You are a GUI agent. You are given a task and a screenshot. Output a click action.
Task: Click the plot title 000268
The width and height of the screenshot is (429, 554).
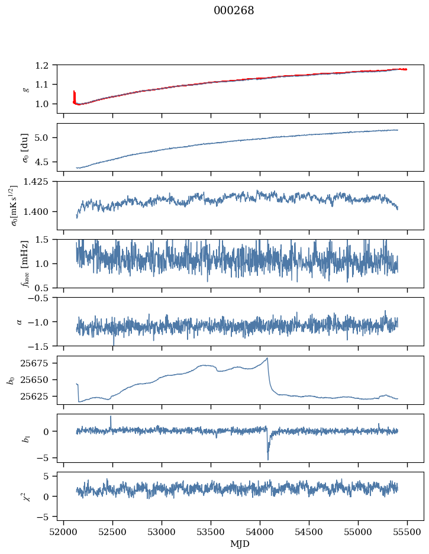(234, 11)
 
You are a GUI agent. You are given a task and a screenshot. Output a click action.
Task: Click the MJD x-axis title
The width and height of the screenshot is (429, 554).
(240, 544)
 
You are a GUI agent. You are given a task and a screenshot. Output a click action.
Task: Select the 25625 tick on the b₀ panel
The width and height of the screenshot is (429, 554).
(39, 396)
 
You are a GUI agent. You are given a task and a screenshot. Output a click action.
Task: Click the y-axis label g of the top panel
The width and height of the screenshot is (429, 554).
(24, 89)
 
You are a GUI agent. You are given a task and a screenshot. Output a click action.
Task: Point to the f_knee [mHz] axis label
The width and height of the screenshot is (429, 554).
(24, 263)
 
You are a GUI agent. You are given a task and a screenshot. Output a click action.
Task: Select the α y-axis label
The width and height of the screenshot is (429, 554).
(19, 321)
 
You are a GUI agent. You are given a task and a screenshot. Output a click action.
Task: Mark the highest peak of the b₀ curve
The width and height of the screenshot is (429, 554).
(267, 358)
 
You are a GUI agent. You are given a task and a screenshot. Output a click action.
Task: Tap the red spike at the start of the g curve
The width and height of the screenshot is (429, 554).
(74, 94)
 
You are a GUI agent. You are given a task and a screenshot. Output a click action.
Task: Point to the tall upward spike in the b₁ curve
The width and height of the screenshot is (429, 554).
(111, 417)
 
